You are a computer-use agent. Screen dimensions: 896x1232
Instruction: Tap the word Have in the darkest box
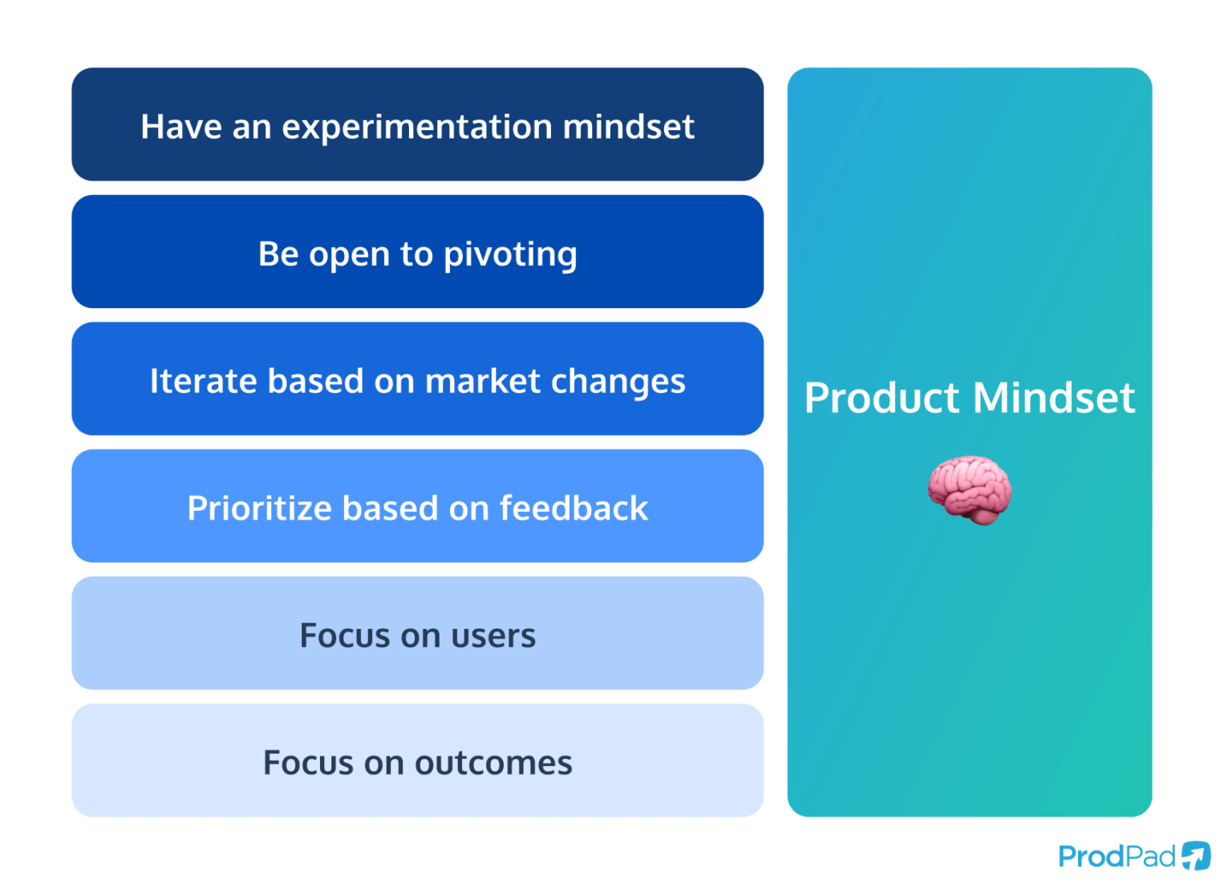click(x=180, y=127)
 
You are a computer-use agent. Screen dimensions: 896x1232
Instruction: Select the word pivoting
click(x=510, y=255)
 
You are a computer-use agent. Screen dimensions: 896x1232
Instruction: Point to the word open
click(x=350, y=255)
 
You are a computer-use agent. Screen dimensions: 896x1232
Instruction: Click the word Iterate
click(x=204, y=381)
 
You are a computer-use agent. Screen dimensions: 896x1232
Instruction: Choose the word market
click(x=483, y=381)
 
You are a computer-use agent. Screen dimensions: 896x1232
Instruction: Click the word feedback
click(x=573, y=509)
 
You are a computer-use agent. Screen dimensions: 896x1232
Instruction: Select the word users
click(x=493, y=636)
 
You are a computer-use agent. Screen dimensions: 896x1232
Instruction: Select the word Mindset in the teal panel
click(x=1055, y=398)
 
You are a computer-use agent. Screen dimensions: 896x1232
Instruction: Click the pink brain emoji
click(x=970, y=490)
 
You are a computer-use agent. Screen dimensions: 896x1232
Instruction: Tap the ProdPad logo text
click(x=1116, y=857)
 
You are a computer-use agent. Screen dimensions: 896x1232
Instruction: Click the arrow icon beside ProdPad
click(x=1196, y=856)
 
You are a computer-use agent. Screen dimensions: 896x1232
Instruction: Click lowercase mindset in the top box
click(x=628, y=127)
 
